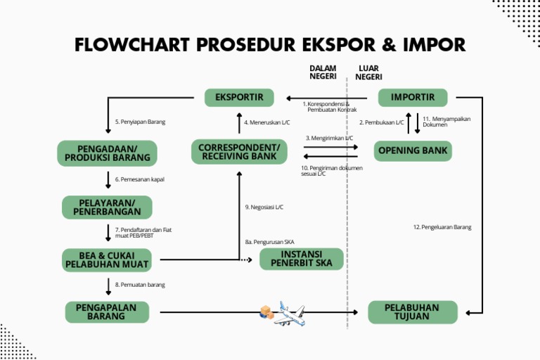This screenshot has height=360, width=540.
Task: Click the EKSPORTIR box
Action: coord(238,98)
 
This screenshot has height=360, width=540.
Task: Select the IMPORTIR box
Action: coord(413,97)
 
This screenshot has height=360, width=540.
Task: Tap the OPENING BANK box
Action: coord(413,150)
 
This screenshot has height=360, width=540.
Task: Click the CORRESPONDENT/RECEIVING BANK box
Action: coord(239,151)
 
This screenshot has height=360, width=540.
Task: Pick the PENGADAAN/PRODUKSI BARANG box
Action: coord(107,153)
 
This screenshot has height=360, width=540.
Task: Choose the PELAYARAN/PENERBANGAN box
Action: coord(106,207)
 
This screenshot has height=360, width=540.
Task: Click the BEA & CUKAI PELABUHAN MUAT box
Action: coord(107,259)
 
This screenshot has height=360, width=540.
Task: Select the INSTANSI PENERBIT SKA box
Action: coord(301,259)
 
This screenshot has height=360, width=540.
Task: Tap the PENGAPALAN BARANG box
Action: coord(107,312)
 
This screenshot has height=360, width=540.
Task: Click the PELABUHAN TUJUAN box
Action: coord(412,312)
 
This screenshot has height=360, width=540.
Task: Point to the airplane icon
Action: coord(289,314)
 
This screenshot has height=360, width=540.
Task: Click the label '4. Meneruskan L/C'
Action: coord(267,122)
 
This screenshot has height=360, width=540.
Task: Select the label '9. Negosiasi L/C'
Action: coord(264,207)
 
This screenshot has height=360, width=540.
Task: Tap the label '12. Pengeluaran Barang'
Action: coord(442,227)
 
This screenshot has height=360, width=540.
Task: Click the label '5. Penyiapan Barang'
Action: coord(140,122)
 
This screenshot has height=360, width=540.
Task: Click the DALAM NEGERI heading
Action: coord(323,72)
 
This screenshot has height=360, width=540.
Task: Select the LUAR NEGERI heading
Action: coord(368,72)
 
